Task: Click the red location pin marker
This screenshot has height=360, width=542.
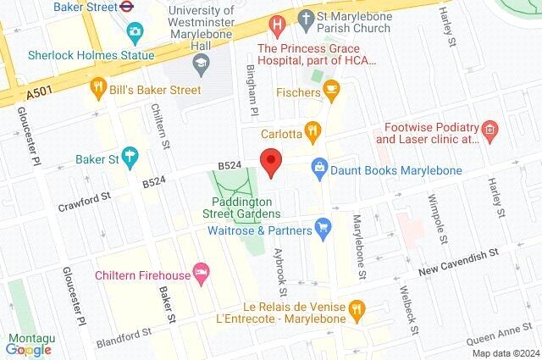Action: click(270, 162)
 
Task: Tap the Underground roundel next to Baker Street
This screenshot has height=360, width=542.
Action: click(126, 8)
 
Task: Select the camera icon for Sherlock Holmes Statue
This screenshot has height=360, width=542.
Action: click(134, 33)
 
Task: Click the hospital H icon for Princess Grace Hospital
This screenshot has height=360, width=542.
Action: click(275, 25)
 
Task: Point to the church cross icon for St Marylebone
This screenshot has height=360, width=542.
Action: click(305, 18)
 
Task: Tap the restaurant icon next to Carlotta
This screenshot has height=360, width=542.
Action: click(313, 132)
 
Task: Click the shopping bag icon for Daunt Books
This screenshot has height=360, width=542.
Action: click(319, 169)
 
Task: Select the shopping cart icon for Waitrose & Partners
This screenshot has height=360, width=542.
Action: click(322, 227)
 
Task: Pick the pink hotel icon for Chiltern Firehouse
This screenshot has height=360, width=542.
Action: click(201, 273)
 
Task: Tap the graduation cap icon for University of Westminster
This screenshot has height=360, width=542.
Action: click(201, 61)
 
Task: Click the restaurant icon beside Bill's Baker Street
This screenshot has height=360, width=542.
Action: click(99, 87)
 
